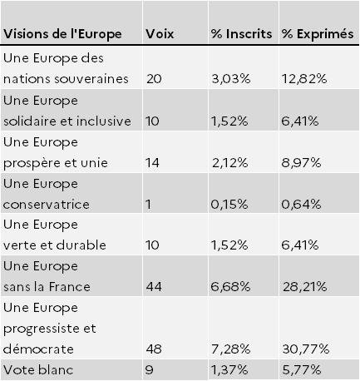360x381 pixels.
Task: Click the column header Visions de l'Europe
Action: pos(62,34)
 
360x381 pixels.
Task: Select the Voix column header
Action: pos(160,34)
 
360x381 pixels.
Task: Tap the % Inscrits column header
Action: pos(241,34)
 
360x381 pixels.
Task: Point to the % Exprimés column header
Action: pos(318,34)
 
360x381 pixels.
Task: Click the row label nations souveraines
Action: pos(66,79)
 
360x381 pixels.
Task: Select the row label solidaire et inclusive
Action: pos(67,121)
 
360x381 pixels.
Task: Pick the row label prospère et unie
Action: pos(56,163)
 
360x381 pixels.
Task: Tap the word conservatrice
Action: pos(47,205)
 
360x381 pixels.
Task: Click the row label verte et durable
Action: pos(55,245)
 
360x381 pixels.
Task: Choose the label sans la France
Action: pos(47,287)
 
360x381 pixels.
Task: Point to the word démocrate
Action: pos(38,349)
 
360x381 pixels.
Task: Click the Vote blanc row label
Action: pos(38,370)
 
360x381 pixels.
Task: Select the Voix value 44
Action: pos(154,287)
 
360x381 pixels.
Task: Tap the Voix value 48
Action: pos(154,349)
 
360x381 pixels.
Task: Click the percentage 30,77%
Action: pos(306,349)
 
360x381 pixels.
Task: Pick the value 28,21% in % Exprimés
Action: pos(304,287)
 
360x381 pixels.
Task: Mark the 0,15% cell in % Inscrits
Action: pos(229,205)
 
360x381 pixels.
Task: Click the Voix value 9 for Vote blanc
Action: pos(149,370)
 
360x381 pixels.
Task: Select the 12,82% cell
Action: pos(304,79)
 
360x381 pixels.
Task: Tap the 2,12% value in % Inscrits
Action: pos(229,163)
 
